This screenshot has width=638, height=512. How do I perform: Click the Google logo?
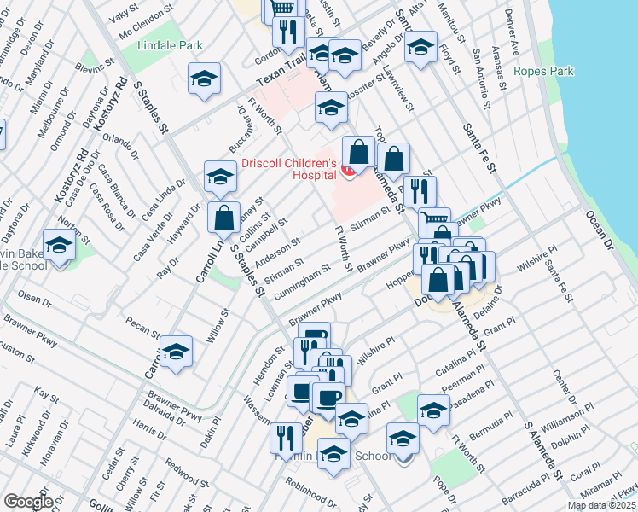(28, 501)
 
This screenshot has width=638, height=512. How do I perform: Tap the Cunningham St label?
(303, 282)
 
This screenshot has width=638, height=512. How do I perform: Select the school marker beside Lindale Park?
(205, 79)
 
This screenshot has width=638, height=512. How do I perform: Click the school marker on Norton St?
(59, 245)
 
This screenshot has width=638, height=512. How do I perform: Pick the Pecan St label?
(142, 329)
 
